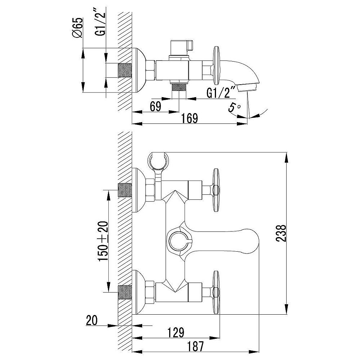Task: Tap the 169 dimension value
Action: pos(189,118)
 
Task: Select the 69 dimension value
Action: pos(156,106)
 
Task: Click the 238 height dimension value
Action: pos(281,233)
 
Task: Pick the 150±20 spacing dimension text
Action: pos(103,241)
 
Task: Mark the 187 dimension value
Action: pos(195,346)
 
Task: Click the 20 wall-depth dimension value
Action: pos(92,320)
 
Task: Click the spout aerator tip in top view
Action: pos(247,87)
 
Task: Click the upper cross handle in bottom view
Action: pos(216,190)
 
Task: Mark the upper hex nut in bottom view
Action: pos(150,190)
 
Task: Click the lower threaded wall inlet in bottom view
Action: pos(125,292)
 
